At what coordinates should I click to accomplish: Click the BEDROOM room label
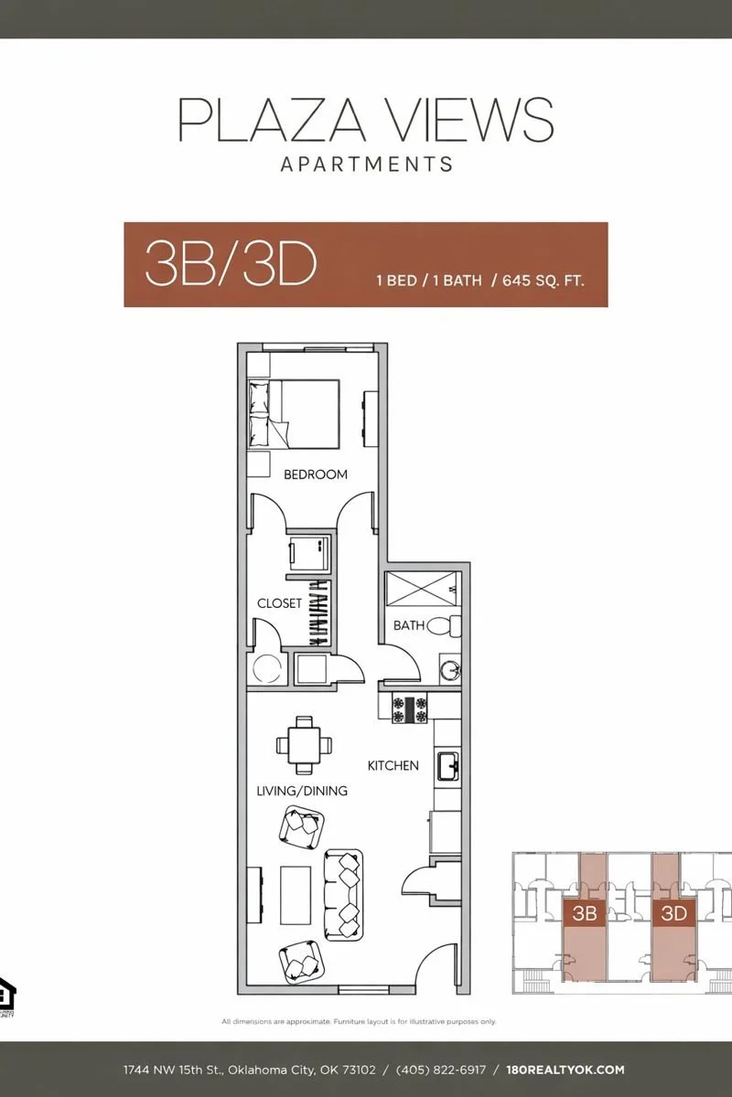pyautogui.click(x=316, y=474)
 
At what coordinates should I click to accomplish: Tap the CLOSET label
pyautogui.click(x=279, y=603)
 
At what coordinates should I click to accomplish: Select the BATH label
pyautogui.click(x=409, y=625)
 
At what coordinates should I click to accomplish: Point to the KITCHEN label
pyautogui.click(x=393, y=765)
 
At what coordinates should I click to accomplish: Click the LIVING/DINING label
pyautogui.click(x=302, y=790)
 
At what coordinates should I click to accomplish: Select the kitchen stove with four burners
pyautogui.click(x=410, y=709)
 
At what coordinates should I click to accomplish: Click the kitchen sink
pyautogui.click(x=447, y=765)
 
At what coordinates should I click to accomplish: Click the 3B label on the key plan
pyautogui.click(x=584, y=912)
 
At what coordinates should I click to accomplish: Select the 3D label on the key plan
pyautogui.click(x=673, y=912)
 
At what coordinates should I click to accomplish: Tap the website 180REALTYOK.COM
pyautogui.click(x=565, y=1070)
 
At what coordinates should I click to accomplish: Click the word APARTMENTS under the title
pyautogui.click(x=366, y=165)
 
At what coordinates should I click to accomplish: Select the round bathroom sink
pyautogui.click(x=449, y=668)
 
